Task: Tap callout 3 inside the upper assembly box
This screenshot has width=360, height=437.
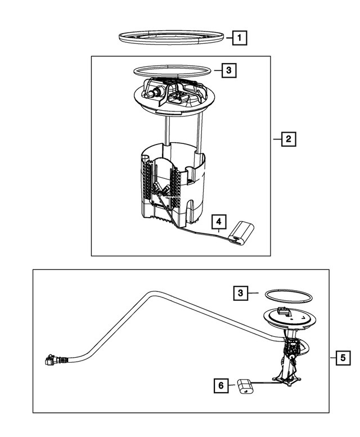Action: point(228,71)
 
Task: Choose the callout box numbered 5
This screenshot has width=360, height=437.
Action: point(341,357)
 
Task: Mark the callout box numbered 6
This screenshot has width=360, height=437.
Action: point(221,385)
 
